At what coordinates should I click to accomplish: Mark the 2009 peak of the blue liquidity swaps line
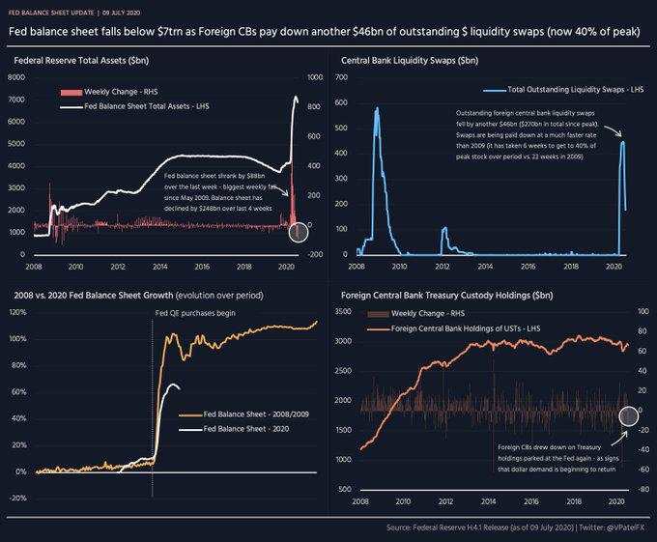pyautogui.click(x=376, y=109)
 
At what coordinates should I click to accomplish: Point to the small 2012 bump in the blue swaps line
pyautogui.click(x=444, y=229)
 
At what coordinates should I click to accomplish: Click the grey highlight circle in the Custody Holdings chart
pyautogui.click(x=628, y=414)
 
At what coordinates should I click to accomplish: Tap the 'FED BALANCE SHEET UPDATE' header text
pyautogui.click(x=53, y=11)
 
